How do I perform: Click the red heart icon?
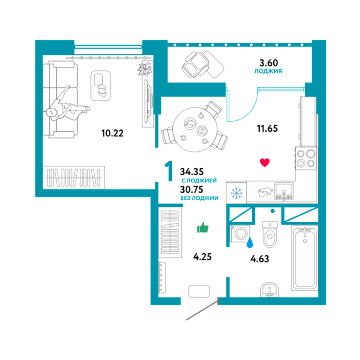click(x=264, y=163)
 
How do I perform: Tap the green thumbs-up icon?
click(x=202, y=227)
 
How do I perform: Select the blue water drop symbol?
click(x=250, y=243)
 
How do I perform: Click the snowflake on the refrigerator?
click(x=236, y=193)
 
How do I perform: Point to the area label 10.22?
click(x=112, y=133)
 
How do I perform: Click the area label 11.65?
click(x=267, y=128)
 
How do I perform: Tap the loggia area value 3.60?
click(x=269, y=63)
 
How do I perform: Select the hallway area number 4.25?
click(x=202, y=257)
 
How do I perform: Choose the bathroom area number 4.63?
click(x=259, y=259)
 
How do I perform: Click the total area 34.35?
click(x=192, y=172)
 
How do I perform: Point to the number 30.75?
click(x=192, y=189)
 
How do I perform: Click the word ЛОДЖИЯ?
click(x=268, y=71)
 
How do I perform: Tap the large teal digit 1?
click(x=169, y=171)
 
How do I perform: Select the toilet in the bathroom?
click(x=270, y=234)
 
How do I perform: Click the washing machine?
click(x=240, y=233)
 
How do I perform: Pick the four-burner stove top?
click(x=306, y=157)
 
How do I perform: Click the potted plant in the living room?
click(x=145, y=69)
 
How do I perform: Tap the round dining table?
click(x=195, y=129)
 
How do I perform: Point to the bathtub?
click(x=305, y=258)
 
